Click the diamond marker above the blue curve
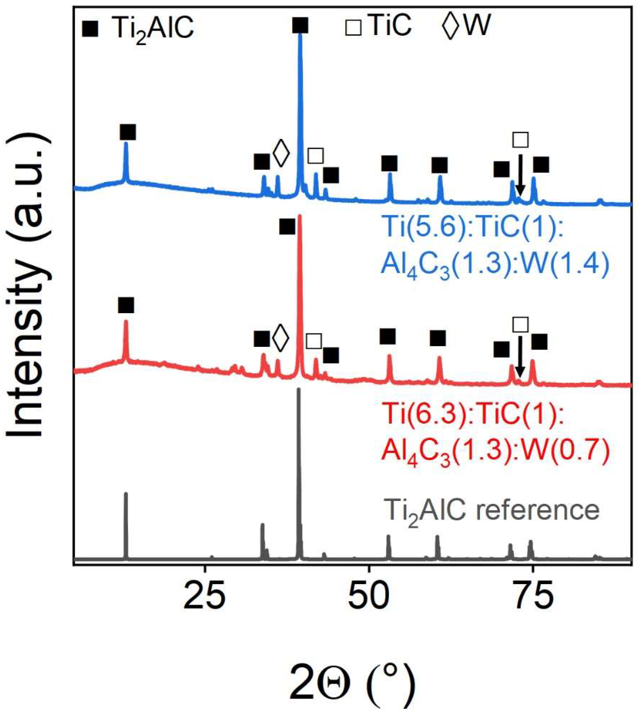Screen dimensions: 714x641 pyautogui.click(x=281, y=153)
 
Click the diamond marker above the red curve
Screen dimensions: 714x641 pyautogui.click(x=281, y=338)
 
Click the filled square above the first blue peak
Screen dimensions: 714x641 pyautogui.click(x=128, y=132)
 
